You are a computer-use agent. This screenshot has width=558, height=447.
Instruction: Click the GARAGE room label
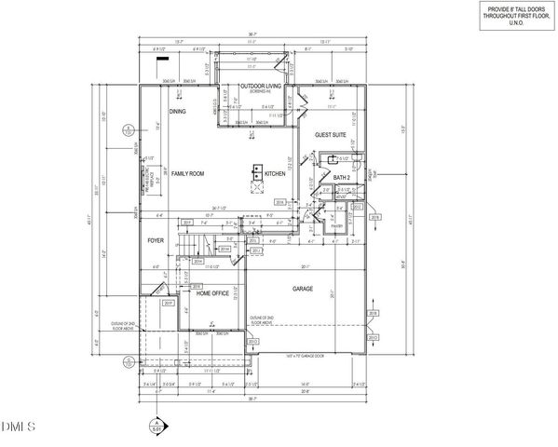pos(303,289)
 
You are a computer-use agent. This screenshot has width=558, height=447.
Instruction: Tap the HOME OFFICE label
pos(212,293)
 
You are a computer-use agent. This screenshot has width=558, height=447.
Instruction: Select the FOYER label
pos(156,240)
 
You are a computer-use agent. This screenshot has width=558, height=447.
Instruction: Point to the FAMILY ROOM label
pos(187,174)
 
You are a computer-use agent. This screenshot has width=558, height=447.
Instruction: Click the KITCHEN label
pos(275,174)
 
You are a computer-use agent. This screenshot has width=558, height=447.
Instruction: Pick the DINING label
pos(177,112)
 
